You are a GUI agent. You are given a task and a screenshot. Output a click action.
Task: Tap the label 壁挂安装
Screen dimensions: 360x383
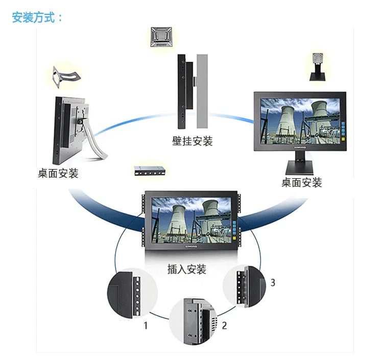[x=192, y=141]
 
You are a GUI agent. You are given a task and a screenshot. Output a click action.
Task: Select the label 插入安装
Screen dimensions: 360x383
[x=187, y=269]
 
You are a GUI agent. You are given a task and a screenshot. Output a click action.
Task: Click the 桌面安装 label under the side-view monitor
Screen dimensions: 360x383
[x=58, y=173]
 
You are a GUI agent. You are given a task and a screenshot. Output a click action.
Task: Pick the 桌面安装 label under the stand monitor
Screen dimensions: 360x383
[x=302, y=182]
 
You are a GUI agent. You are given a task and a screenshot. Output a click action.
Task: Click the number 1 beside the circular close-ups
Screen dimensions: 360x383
[x=146, y=325]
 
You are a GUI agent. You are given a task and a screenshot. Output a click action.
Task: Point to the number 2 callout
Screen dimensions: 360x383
[x=224, y=325]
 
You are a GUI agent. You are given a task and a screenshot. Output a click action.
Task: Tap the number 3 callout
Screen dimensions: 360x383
[x=273, y=282]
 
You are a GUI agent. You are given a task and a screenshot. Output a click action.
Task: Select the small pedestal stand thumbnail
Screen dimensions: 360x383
[x=319, y=66]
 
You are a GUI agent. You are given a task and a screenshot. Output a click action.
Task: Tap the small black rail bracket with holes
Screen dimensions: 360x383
[x=149, y=171]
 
